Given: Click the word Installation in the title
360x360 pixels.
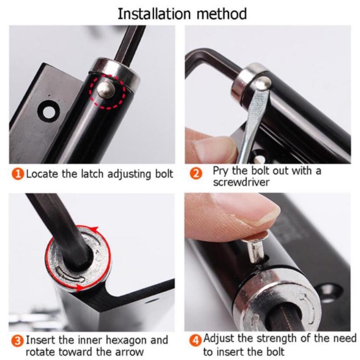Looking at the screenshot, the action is click(154, 14).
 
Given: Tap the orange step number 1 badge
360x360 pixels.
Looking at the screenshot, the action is click(18, 174).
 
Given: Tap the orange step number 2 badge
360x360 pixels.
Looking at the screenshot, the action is click(196, 174).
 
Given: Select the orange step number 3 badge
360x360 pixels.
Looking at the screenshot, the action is click(18, 341).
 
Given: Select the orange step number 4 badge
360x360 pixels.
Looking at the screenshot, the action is click(195, 340).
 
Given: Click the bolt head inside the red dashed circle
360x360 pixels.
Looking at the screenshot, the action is click(106, 90).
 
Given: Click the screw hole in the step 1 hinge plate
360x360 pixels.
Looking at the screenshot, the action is click(49, 112).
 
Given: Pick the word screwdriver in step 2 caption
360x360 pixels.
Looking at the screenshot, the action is click(241, 182).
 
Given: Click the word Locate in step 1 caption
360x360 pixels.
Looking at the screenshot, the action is click(42, 174).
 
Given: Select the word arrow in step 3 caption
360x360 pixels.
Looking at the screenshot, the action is click(129, 352).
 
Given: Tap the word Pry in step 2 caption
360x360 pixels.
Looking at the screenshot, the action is click(221, 171).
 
